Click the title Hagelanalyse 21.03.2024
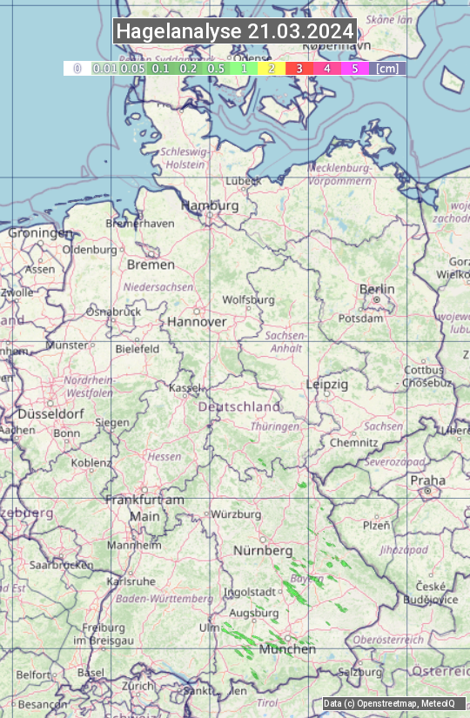coord(235,31)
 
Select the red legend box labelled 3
coord(299,68)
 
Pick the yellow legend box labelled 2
coord(272,68)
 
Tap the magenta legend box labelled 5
coord(354,68)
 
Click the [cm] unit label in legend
coord(387,68)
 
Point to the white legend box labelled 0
coord(77,68)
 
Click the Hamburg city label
coord(210,205)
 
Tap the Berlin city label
coord(377,289)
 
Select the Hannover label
coord(197,321)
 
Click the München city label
coord(287,648)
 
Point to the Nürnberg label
coord(263,551)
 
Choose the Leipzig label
coord(327,384)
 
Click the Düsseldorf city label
coord(50,414)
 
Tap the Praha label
coord(427,480)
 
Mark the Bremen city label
coord(144,264)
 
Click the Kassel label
coord(185,387)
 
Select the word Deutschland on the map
coord(239,406)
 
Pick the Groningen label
coord(40,233)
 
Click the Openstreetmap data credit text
coord(388,703)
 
